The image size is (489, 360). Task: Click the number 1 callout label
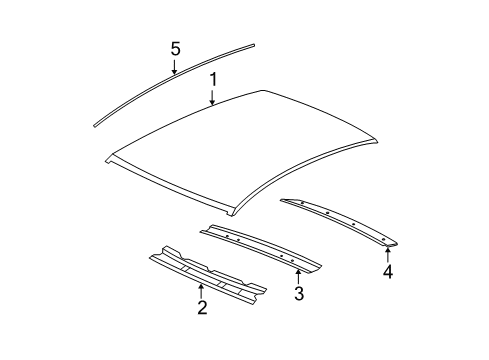pos(212,78)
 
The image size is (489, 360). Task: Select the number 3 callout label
pos(298,293)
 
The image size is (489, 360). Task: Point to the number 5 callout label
pos(175,49)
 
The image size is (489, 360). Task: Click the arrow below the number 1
pos(212,97)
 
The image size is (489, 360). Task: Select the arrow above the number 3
pos(298,275)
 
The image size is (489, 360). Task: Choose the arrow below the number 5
pos(175,68)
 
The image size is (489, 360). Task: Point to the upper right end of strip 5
pos(253,45)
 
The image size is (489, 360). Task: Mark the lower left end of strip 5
pos(97,122)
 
